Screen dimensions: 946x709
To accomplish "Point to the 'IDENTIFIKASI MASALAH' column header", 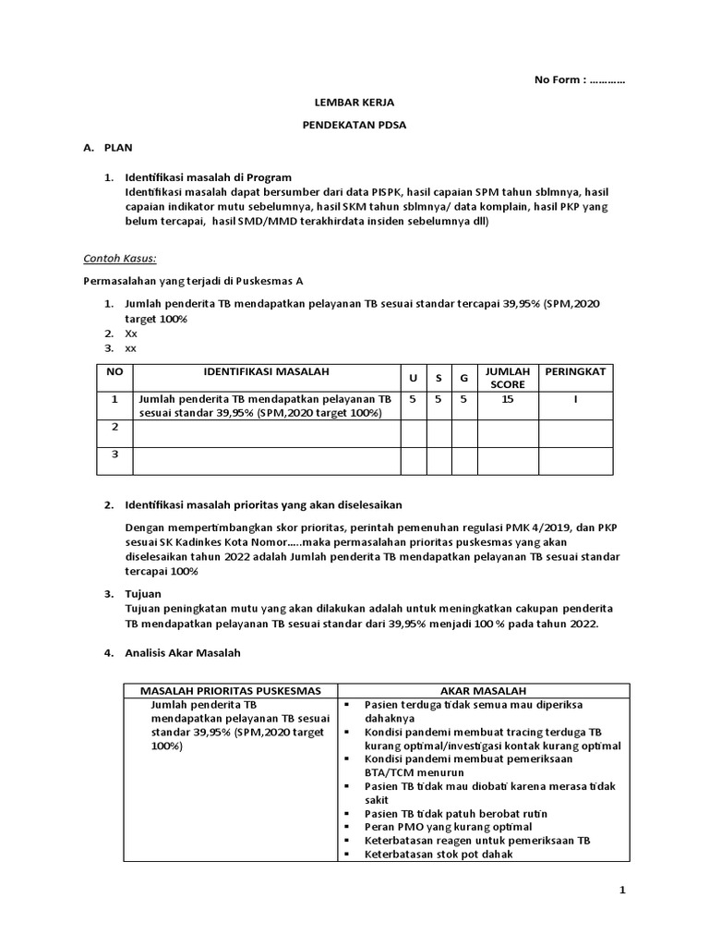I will click(x=266, y=371).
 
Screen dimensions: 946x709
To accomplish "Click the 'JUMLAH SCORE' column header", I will click(x=507, y=377).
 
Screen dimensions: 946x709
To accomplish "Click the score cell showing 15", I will click(x=507, y=400).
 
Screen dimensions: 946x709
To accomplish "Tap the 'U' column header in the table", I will click(x=412, y=378).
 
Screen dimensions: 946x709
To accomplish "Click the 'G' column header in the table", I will click(x=463, y=378).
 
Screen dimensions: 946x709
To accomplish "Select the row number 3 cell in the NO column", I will click(x=115, y=455).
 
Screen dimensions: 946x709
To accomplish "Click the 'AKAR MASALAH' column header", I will click(x=483, y=690).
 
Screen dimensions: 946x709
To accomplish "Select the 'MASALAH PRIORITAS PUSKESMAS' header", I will click(x=230, y=690).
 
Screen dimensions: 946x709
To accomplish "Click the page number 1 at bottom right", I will click(x=622, y=890).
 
